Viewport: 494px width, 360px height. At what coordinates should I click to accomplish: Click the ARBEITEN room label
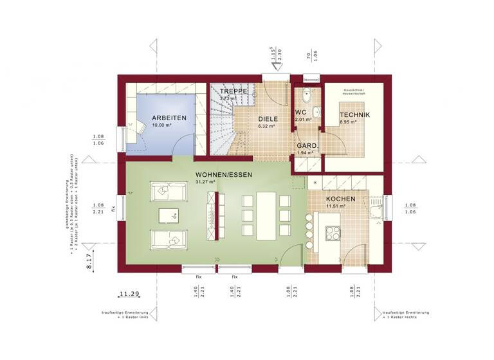169,118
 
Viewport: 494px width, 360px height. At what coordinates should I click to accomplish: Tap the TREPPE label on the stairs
232,93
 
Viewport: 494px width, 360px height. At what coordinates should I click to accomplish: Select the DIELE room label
268,119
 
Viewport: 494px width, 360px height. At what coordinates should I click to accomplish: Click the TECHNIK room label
355,114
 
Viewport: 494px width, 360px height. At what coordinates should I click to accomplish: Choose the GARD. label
306,146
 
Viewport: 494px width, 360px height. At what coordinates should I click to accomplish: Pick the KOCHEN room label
340,199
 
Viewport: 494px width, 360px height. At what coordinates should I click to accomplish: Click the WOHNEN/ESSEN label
224,175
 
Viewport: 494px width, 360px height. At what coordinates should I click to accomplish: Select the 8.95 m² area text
349,122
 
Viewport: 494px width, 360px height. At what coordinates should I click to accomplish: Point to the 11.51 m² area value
336,206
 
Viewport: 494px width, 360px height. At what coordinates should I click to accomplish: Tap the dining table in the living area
266,215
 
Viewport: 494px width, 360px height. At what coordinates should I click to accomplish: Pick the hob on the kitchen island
333,234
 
